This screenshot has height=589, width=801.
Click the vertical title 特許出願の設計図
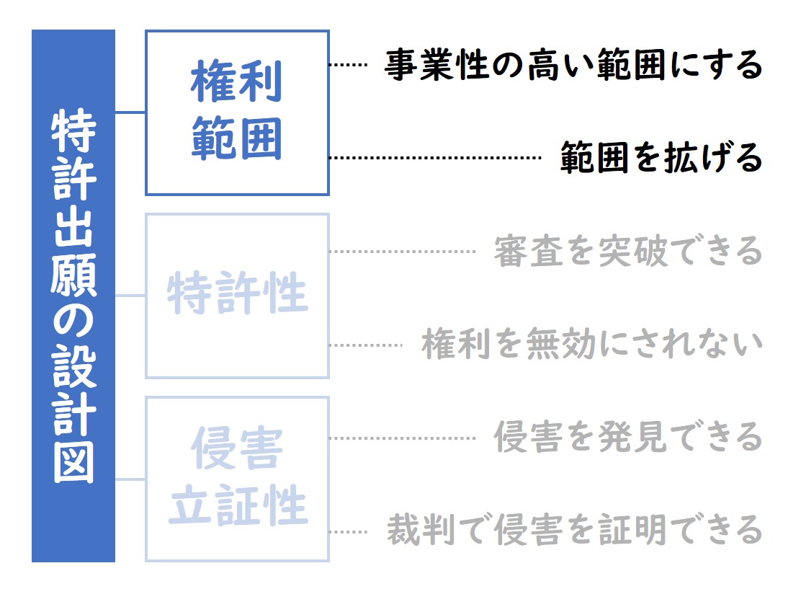click(x=73, y=296)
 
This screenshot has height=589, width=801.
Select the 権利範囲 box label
click(x=237, y=110)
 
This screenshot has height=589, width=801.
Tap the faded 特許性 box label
click(x=238, y=292)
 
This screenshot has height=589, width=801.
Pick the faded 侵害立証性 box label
click(x=238, y=476)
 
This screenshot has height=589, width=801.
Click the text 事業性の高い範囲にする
click(x=573, y=65)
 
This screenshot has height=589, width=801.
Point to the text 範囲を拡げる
click(x=661, y=157)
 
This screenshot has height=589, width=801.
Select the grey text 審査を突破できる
click(x=628, y=251)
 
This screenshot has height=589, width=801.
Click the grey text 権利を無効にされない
click(x=592, y=344)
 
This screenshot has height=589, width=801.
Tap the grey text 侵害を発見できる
click(x=628, y=437)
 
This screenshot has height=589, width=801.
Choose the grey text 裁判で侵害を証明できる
click(x=575, y=530)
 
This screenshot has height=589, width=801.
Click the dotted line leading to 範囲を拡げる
click(x=435, y=157)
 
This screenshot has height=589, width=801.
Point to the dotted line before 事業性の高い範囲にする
click(x=349, y=65)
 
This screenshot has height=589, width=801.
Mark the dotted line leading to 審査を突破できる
click(x=403, y=252)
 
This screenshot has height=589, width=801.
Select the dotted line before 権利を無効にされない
click(x=366, y=345)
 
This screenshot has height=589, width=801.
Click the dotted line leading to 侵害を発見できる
click(x=403, y=438)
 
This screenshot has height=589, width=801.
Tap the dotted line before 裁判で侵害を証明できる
click(x=349, y=532)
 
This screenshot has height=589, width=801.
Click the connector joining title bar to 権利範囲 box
click(x=130, y=112)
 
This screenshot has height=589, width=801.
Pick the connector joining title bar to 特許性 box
click(x=130, y=295)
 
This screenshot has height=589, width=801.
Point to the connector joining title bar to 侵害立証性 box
click(x=130, y=479)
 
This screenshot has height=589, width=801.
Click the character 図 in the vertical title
click(x=73, y=462)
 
